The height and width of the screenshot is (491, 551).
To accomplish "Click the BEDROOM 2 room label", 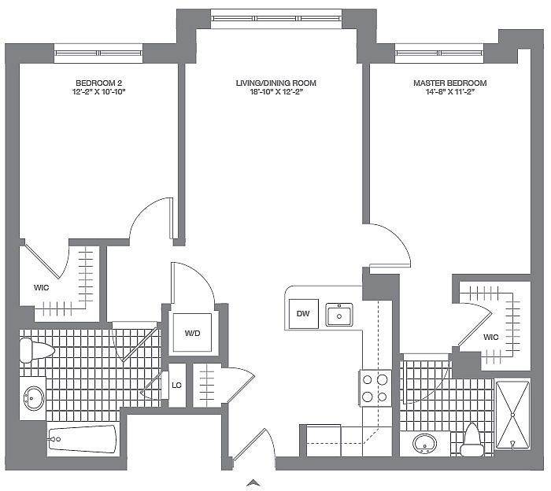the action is click(x=98, y=83).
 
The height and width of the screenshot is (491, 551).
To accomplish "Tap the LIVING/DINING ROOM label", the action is click(x=275, y=83).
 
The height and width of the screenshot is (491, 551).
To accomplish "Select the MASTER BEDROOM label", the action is click(x=449, y=83).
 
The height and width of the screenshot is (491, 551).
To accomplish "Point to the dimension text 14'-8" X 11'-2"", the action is click(x=450, y=92).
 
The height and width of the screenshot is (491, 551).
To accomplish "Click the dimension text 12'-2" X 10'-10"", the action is click(x=98, y=92).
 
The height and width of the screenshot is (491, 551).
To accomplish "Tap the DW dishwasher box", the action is click(x=303, y=314).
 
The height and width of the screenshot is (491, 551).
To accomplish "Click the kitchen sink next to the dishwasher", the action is click(x=339, y=315).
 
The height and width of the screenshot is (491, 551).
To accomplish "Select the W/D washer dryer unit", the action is click(x=192, y=333).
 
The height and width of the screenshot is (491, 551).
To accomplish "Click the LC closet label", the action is click(x=177, y=386).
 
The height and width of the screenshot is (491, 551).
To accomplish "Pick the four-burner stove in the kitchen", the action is click(x=375, y=388).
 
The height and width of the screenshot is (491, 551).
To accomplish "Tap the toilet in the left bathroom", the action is click(x=36, y=350).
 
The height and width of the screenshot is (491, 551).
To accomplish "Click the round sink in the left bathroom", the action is click(x=34, y=398).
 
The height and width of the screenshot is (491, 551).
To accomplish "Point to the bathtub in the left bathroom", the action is click(x=82, y=439).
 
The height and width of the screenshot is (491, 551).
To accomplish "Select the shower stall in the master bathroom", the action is click(x=512, y=415).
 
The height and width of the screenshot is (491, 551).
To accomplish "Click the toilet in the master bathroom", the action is click(x=472, y=441).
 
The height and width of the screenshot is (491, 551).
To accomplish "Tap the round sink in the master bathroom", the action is click(x=424, y=444).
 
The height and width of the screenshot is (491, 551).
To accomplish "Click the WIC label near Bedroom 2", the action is click(x=42, y=288).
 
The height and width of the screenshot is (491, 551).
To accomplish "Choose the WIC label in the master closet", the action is click(x=491, y=337).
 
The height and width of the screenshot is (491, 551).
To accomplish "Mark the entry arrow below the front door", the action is click(x=253, y=483).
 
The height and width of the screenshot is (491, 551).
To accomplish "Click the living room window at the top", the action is click(x=276, y=19).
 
